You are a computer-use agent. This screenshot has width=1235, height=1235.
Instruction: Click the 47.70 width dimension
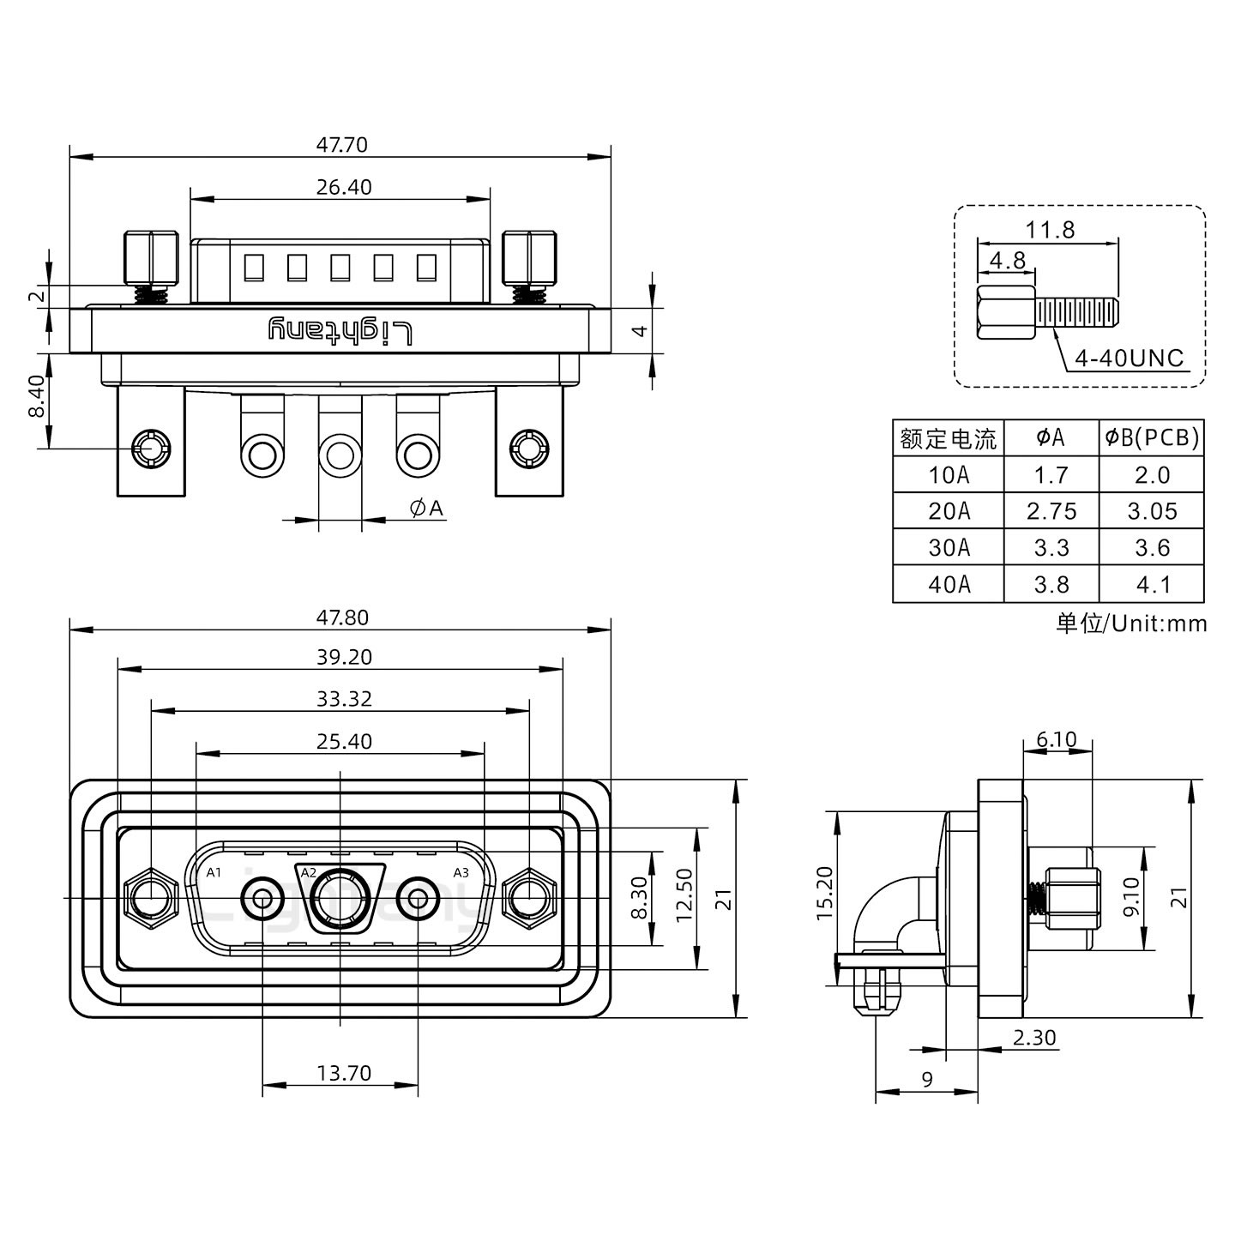[341, 144]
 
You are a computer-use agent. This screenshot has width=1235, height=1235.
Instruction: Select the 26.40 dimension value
[343, 186]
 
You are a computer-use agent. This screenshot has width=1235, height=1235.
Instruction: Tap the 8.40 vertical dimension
[35, 395]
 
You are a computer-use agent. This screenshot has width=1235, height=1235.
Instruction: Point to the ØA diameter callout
[426, 509]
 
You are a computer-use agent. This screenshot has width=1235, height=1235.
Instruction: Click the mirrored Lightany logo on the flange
[340, 331]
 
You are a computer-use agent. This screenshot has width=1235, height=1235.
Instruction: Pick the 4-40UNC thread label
[1129, 358]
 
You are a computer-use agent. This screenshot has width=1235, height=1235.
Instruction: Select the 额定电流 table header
[948, 439]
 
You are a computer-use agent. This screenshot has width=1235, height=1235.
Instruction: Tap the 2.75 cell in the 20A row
[1051, 511]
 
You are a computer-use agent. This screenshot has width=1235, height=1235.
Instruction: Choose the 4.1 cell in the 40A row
[1152, 585]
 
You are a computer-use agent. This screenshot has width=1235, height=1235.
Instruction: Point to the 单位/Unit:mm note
[1131, 624]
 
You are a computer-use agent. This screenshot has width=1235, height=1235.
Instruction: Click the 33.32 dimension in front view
[343, 699]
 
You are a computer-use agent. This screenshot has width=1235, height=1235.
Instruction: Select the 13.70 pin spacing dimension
[343, 1073]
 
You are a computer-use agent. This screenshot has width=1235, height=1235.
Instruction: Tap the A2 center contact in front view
[340, 899]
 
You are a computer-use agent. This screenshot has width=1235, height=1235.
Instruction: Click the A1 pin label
[214, 873]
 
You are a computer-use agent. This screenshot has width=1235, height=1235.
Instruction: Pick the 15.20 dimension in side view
[823, 893]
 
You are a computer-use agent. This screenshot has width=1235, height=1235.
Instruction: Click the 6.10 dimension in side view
[1056, 739]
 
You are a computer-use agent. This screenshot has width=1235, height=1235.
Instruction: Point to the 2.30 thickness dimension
[1033, 1038]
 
